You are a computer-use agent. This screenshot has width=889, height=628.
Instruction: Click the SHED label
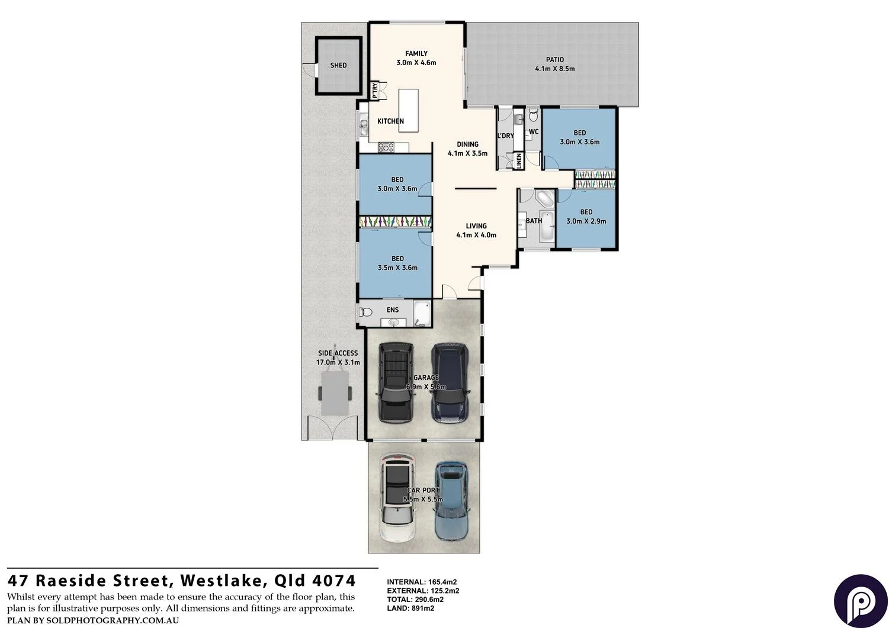tap(338, 65)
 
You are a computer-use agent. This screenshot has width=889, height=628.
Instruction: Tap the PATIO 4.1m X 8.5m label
tap(554, 64)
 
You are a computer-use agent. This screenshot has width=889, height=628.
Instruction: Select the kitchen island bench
tap(408, 111)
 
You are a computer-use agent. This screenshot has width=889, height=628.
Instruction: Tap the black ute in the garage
tap(396, 382)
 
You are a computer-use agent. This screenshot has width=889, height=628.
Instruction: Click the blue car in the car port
tap(452, 500)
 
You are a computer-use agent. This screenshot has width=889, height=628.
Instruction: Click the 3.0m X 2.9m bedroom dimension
tap(586, 221)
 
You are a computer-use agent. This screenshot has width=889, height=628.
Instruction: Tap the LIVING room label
tap(476, 226)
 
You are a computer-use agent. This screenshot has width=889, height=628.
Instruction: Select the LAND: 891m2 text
tap(410, 608)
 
